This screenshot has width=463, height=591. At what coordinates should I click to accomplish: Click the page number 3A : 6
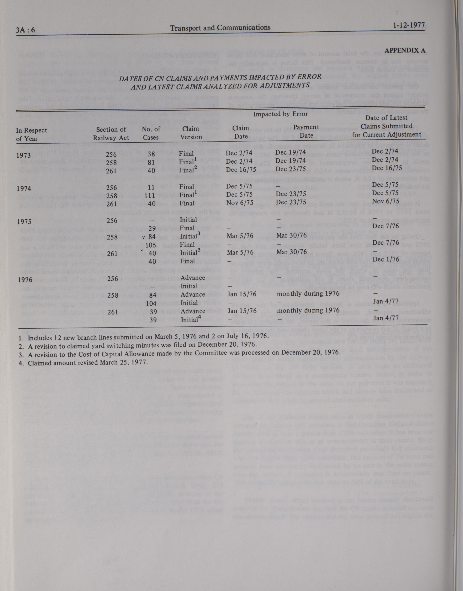pos(25,30)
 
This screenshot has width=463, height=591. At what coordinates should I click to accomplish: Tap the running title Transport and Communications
pos(220,28)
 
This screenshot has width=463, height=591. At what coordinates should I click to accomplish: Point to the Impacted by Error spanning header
pos(280,114)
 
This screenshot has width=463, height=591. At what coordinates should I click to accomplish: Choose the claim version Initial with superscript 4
pos(191,320)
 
